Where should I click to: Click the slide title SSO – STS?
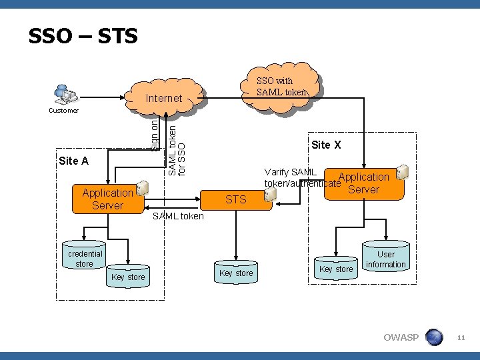(x=83, y=35)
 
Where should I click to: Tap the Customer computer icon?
(x=63, y=94)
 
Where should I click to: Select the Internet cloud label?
(x=163, y=99)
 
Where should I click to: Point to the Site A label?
(x=73, y=161)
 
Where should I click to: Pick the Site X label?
(x=326, y=145)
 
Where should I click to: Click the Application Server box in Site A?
(x=108, y=199)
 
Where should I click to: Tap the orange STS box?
(x=235, y=199)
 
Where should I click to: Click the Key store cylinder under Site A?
(x=128, y=274)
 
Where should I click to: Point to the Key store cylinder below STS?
(x=236, y=270)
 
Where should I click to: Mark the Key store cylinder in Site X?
(x=336, y=267)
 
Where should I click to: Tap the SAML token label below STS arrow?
(x=179, y=216)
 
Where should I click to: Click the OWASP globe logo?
(x=434, y=337)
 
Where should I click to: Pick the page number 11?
(x=460, y=339)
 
